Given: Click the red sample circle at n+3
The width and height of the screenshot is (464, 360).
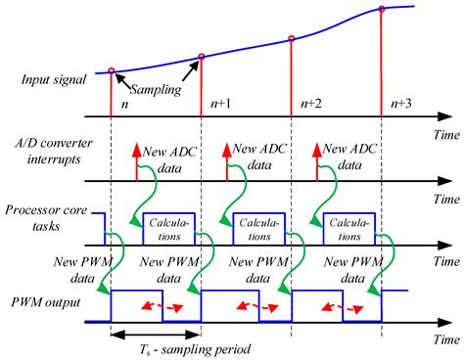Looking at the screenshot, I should pos(382,11).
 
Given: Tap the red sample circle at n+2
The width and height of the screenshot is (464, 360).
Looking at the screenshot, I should pos(291,39).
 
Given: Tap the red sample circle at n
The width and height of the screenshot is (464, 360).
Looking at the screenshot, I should pos(112,70).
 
